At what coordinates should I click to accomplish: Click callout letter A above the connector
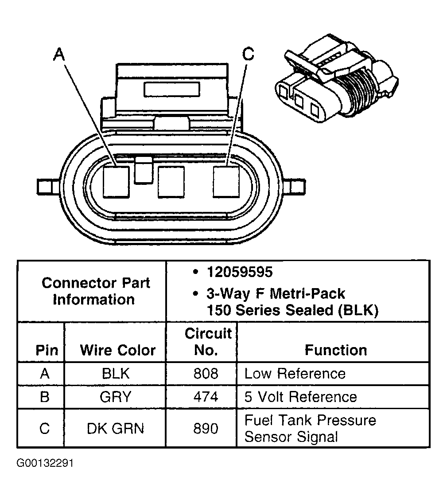point(59,55)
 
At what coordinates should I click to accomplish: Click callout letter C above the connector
point(249,54)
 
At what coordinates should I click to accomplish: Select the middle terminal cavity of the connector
point(171,182)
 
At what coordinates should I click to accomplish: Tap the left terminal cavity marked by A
point(116,182)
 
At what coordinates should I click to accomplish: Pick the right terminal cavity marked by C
point(226,182)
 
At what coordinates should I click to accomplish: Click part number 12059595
point(239,272)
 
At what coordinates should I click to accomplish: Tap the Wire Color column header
point(117,350)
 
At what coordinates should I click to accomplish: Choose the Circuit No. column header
point(207,342)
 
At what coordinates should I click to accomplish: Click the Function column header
point(336,350)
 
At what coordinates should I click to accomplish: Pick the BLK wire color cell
point(116,373)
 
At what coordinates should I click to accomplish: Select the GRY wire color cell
point(116,397)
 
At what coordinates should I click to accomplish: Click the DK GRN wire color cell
point(116,429)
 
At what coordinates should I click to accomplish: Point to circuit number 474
point(206,397)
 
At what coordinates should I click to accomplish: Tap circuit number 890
point(206,429)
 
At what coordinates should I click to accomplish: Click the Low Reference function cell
point(295,373)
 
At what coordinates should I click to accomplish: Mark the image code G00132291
point(45,464)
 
